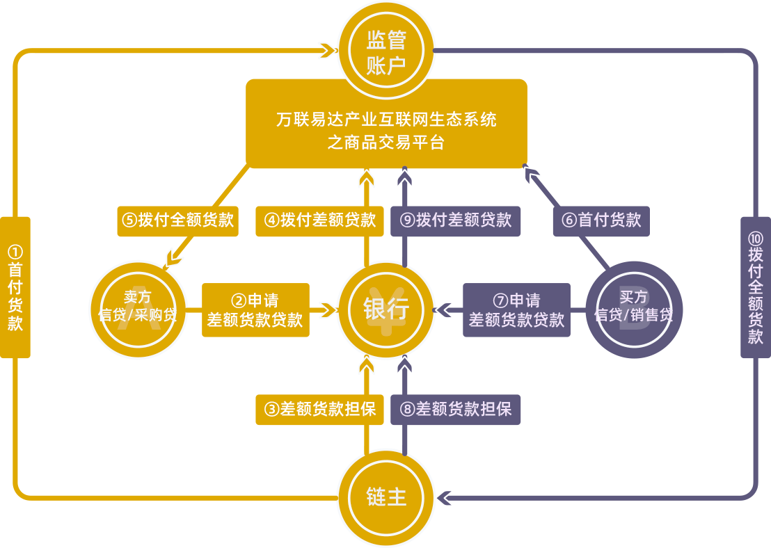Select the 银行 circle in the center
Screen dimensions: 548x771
pyautogui.click(x=386, y=310)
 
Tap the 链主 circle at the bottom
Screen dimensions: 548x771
pyautogui.click(x=386, y=497)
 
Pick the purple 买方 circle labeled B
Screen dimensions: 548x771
pyautogui.click(x=634, y=310)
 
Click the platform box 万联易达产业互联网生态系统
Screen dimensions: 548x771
pyautogui.click(x=386, y=124)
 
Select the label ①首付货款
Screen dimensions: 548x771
pyautogui.click(x=15, y=287)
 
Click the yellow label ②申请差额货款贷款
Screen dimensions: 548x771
pyautogui.click(x=255, y=310)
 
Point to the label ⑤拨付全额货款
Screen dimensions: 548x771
pyautogui.click(x=177, y=220)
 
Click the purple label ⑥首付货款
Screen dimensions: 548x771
pyautogui.click(x=601, y=220)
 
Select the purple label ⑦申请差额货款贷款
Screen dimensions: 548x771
pyautogui.click(x=516, y=310)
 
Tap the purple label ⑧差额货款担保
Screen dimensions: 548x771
pyautogui.click(x=456, y=410)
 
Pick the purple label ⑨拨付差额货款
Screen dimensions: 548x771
pyautogui.click(x=456, y=220)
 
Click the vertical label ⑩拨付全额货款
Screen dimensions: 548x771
pyautogui.click(x=756, y=287)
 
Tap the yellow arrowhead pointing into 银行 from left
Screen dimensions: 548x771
pyautogui.click(x=324, y=310)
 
